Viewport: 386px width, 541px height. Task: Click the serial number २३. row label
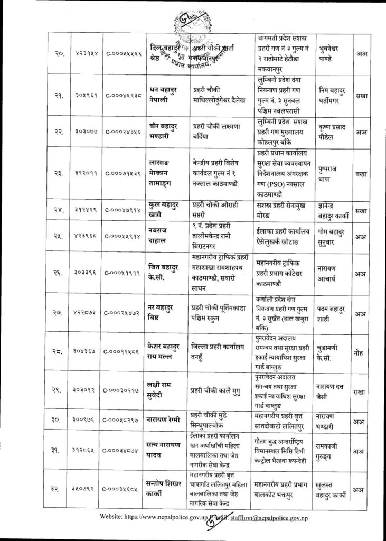58,172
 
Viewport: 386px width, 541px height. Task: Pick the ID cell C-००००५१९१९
123,274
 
